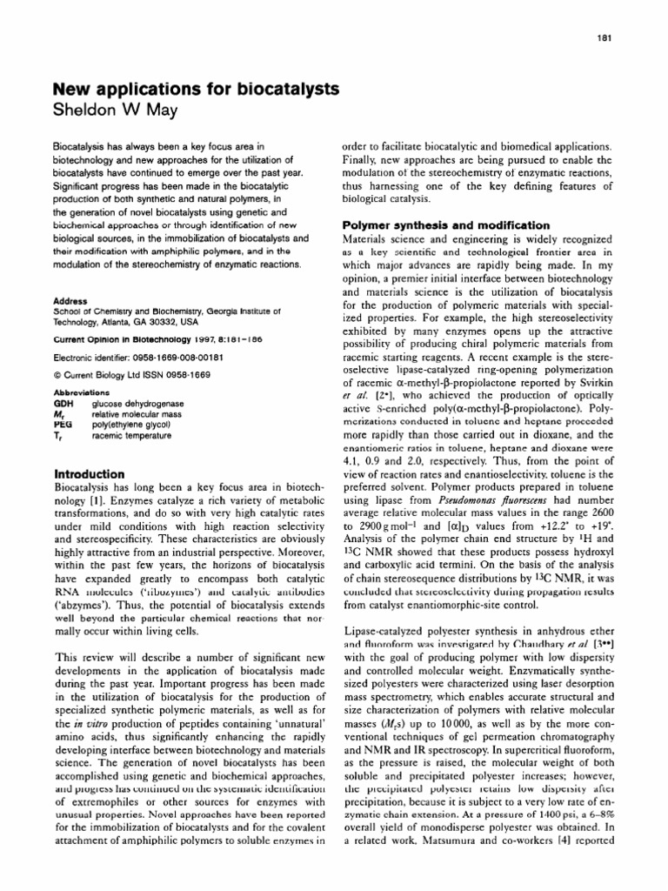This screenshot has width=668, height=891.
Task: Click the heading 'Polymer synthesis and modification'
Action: pyautogui.click(x=451, y=225)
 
